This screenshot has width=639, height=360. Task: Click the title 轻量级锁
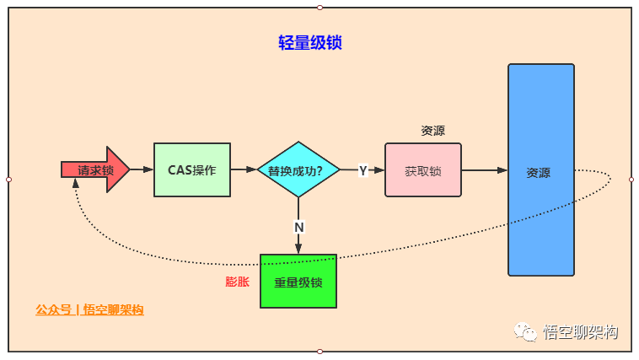309,43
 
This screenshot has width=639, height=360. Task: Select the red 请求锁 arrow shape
95,169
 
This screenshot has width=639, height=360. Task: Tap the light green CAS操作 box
192,169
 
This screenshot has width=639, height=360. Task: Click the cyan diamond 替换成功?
298,169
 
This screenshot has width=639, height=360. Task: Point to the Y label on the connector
363,170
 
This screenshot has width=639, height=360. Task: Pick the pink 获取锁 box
423,169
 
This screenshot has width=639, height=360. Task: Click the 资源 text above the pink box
432,131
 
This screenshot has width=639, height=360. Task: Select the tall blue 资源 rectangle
540,169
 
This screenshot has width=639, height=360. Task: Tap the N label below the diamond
298,227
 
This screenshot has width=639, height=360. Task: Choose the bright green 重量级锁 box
298,281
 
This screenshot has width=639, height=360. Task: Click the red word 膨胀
238,282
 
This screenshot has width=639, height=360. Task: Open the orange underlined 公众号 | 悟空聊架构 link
89,309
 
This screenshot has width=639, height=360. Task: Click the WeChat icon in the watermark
528,332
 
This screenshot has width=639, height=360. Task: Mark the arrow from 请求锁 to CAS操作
142,169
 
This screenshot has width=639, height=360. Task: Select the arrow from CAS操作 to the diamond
244,169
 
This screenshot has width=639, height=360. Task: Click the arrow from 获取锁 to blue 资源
485,169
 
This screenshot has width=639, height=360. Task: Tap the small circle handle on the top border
319,8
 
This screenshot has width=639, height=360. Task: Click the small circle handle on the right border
631,179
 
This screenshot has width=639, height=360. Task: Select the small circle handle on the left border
8,179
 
